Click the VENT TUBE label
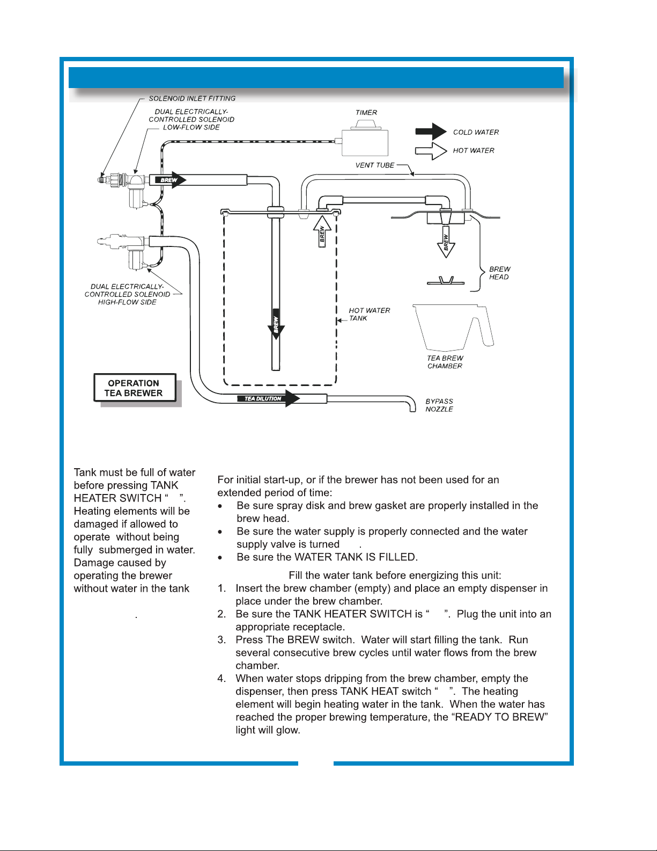click(x=375, y=165)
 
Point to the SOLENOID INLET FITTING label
click(x=192, y=98)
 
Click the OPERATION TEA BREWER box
click(x=134, y=388)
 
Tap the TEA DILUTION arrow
click(x=268, y=398)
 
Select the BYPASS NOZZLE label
click(x=439, y=405)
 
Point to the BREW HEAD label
click(x=499, y=273)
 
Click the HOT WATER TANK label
click(x=369, y=314)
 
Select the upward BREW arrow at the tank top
click(x=322, y=231)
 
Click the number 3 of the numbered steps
click(x=222, y=640)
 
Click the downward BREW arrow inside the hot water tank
click(x=276, y=324)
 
